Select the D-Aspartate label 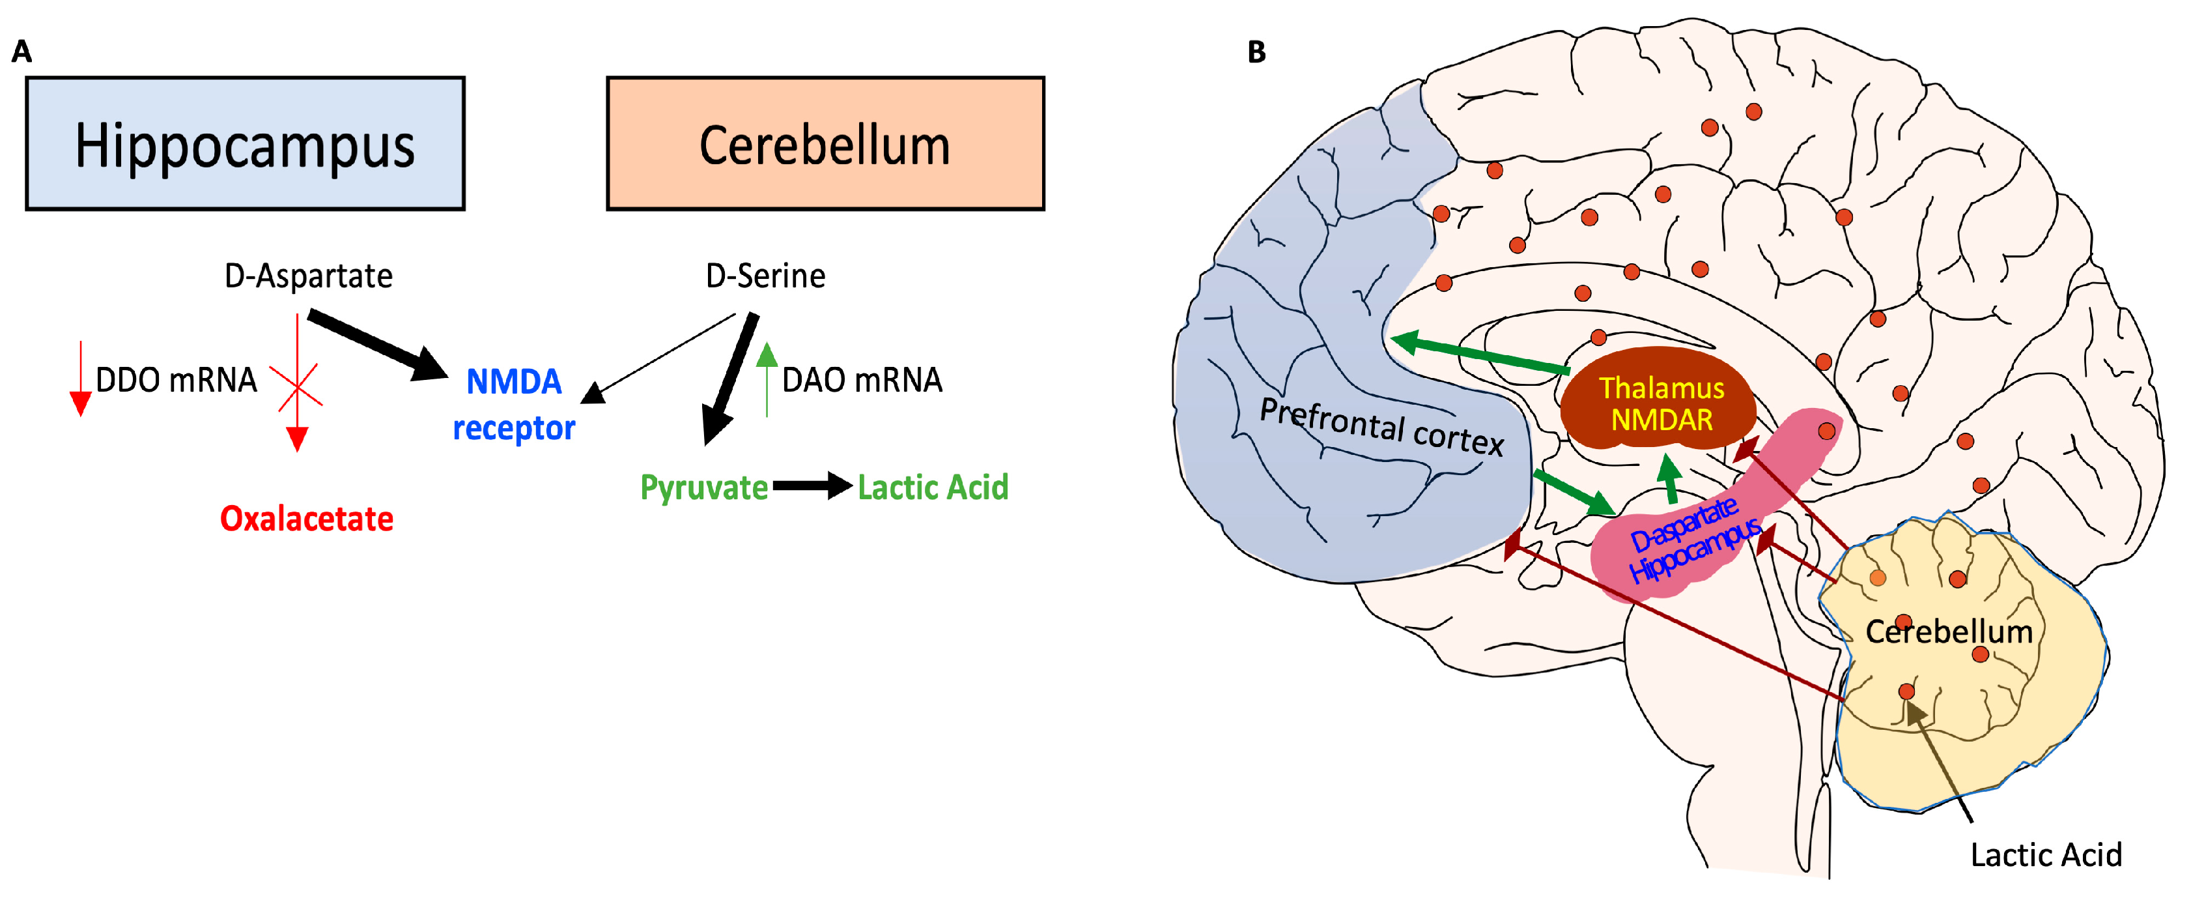[x=308, y=276]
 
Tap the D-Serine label [x=765, y=276]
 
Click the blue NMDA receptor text [x=514, y=404]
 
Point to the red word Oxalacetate [x=306, y=518]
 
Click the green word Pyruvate [x=703, y=487]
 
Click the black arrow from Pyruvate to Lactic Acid [x=812, y=486]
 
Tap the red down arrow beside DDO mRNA [x=81, y=379]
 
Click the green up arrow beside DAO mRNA [x=767, y=379]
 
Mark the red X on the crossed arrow [x=296, y=385]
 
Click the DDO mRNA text [x=176, y=379]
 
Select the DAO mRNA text [x=862, y=379]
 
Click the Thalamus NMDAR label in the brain [x=1661, y=404]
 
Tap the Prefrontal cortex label [x=1381, y=427]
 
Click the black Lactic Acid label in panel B [x=2046, y=854]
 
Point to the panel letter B [x=1256, y=53]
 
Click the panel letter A [x=22, y=53]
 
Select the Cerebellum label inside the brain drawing [x=1949, y=631]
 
